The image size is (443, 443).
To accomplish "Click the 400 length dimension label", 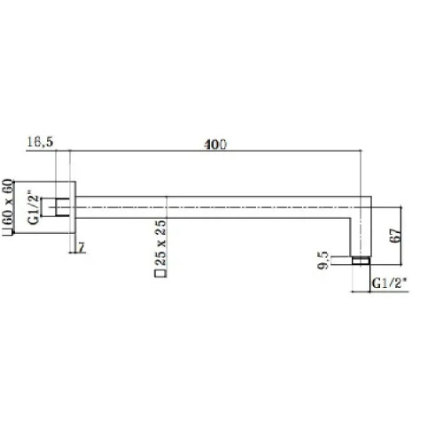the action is coord(215,144).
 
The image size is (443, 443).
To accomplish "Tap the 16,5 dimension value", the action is coord(40,142).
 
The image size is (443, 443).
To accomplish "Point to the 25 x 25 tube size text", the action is coord(160,243).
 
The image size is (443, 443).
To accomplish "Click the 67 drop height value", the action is coord(396,236).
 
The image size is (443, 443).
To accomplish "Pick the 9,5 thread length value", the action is coord(323,260).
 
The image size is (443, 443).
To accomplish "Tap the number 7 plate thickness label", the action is coord(82,247).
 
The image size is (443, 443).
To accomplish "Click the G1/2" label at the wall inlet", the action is coord(34,209).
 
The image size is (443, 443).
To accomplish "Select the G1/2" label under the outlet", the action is coord(389,284).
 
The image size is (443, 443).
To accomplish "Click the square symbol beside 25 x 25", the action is coord(160,274).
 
